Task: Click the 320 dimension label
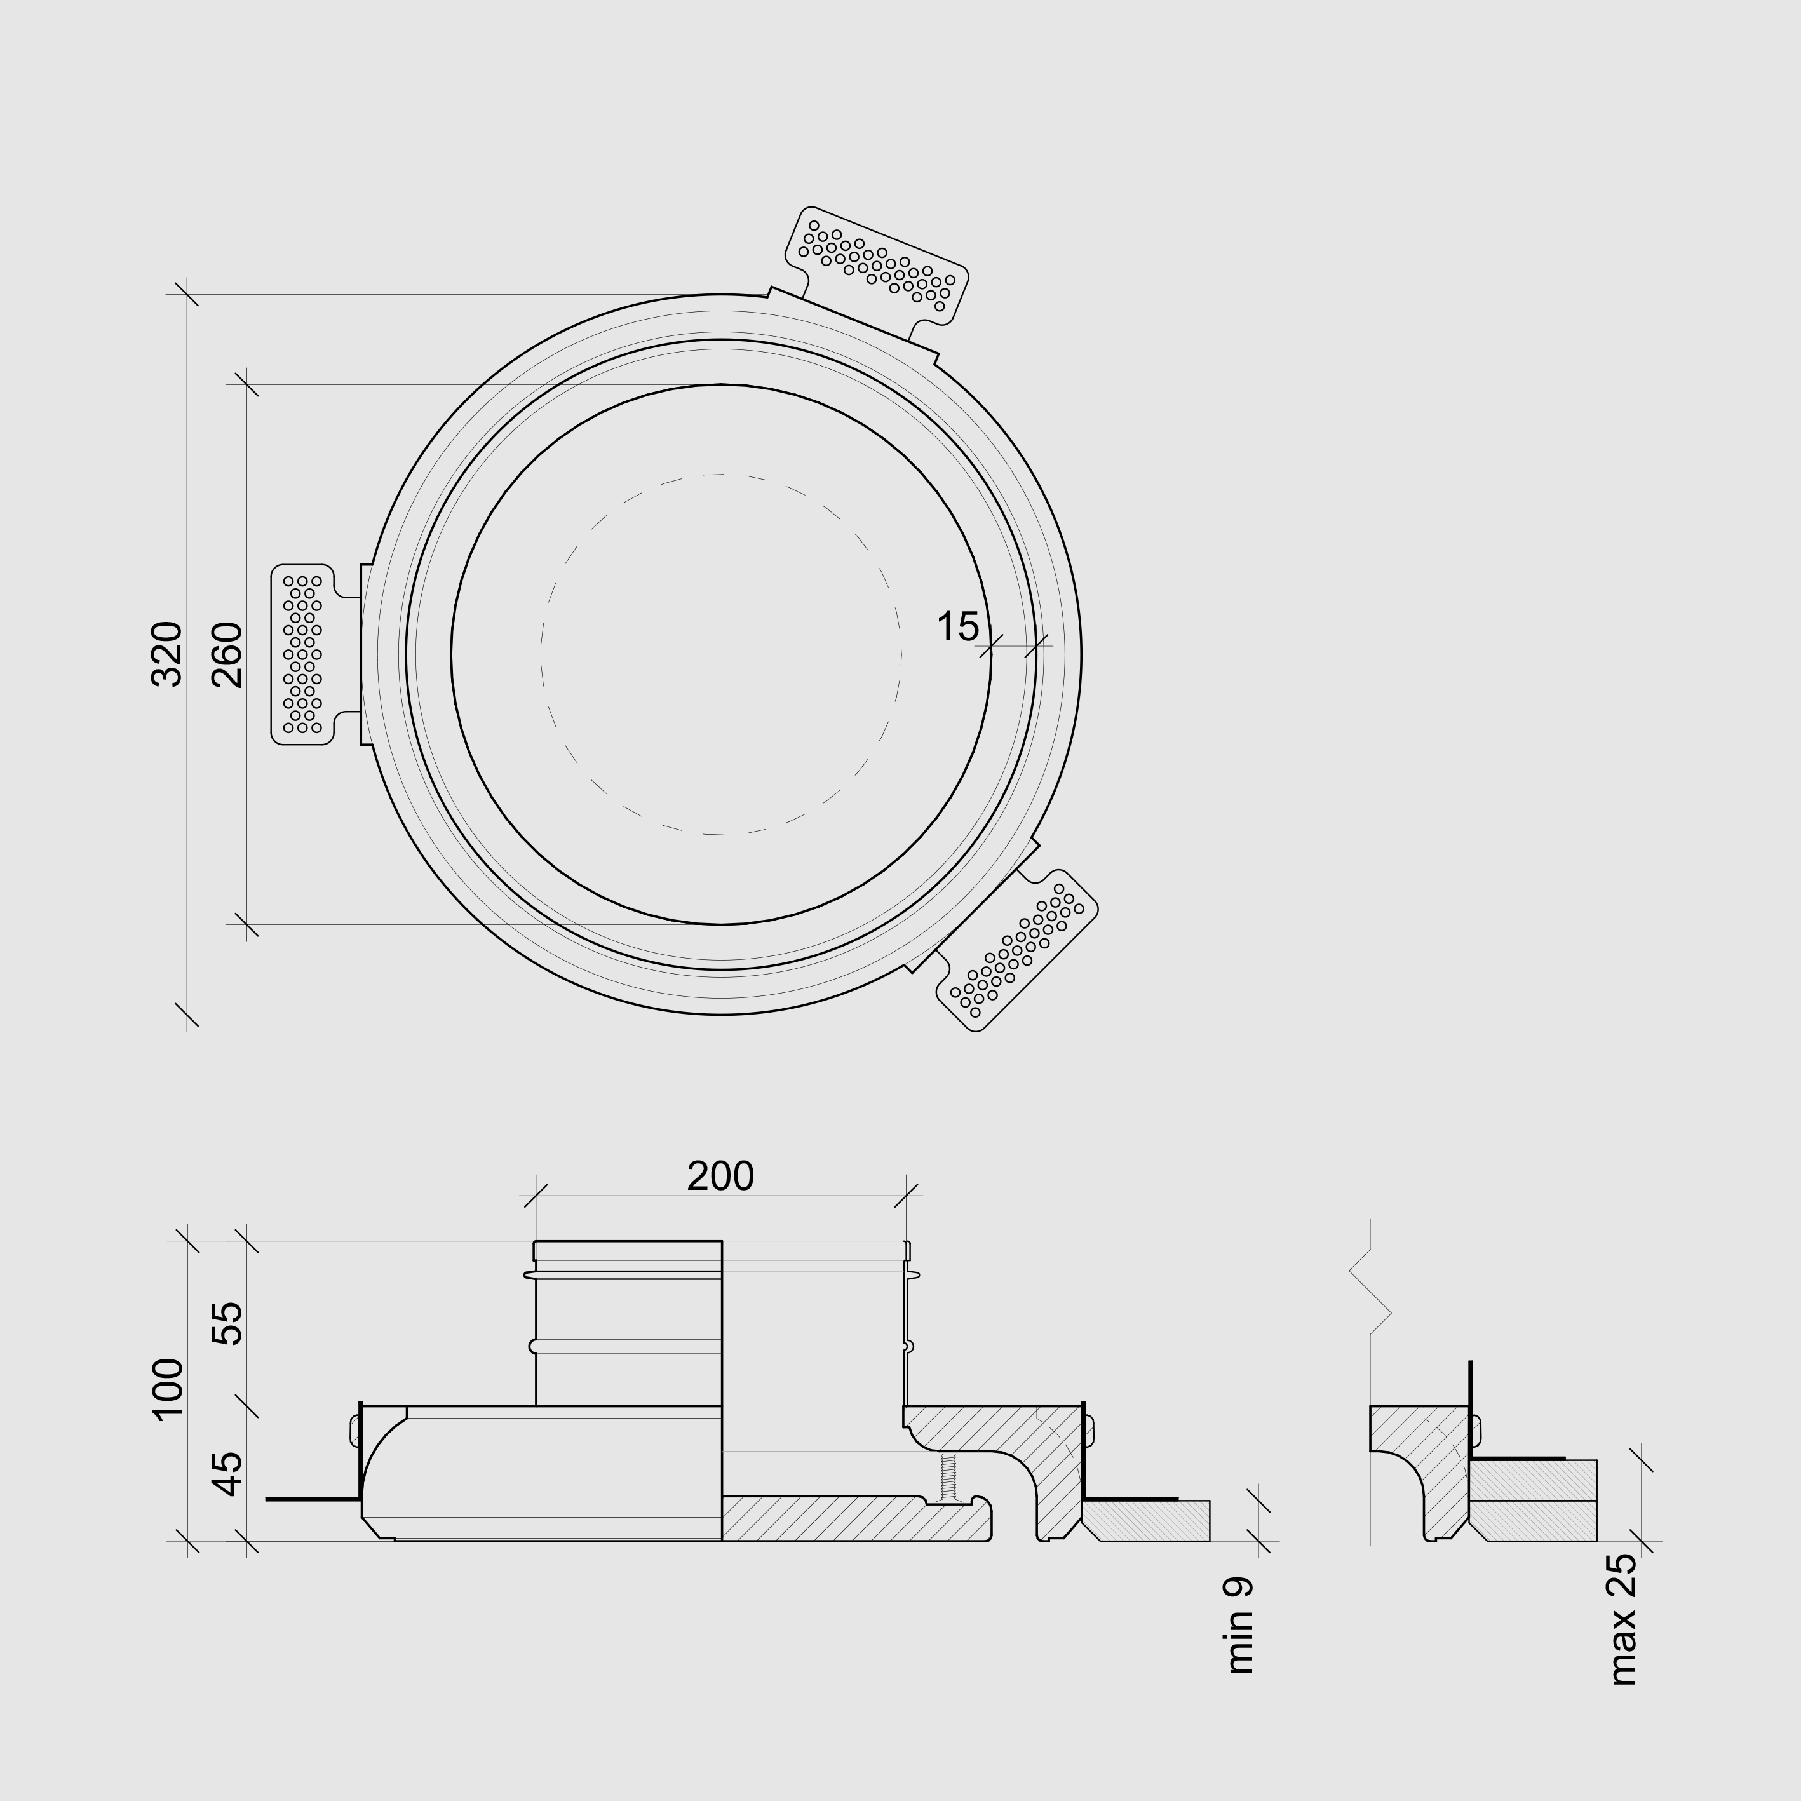click(167, 654)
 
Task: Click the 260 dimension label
click(227, 654)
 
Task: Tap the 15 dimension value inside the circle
click(957, 628)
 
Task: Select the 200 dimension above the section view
click(720, 1177)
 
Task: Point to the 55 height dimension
click(227, 1323)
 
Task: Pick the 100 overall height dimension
click(168, 1389)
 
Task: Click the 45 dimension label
click(227, 1474)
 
